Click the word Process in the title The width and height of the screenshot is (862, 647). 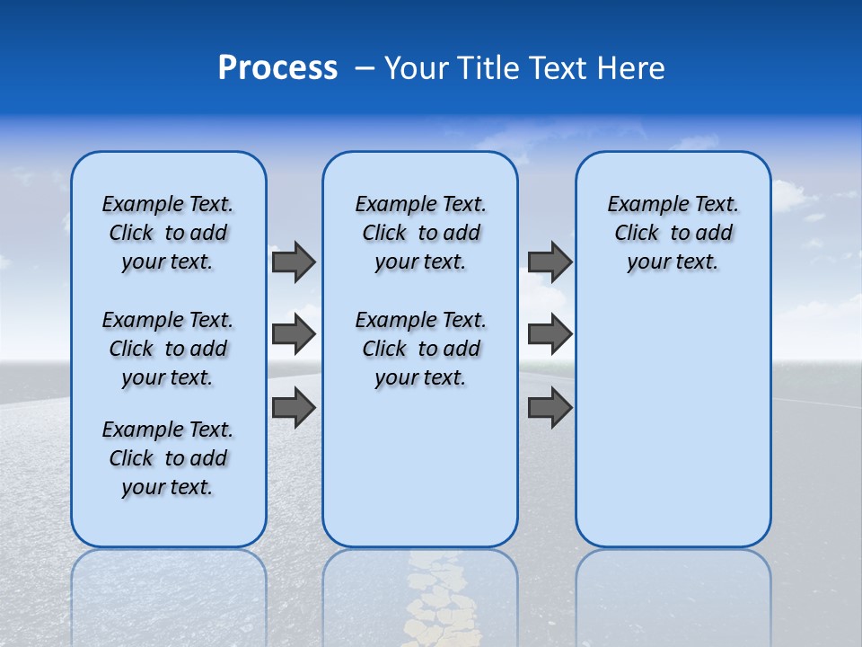277,68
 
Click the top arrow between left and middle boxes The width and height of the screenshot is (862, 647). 294,262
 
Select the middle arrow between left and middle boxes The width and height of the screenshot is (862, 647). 294,334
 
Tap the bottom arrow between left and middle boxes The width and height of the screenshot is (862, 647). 294,407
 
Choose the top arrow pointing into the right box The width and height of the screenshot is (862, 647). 550,262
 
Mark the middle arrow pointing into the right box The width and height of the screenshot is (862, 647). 550,334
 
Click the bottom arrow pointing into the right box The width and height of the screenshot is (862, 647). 550,407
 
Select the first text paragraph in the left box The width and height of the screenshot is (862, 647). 168,233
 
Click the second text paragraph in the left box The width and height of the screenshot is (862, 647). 168,349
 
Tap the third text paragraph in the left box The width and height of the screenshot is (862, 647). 168,458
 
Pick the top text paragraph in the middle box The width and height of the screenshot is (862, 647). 420,233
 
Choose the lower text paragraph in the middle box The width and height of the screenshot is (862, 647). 420,349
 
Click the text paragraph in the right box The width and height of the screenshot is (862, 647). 673,233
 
